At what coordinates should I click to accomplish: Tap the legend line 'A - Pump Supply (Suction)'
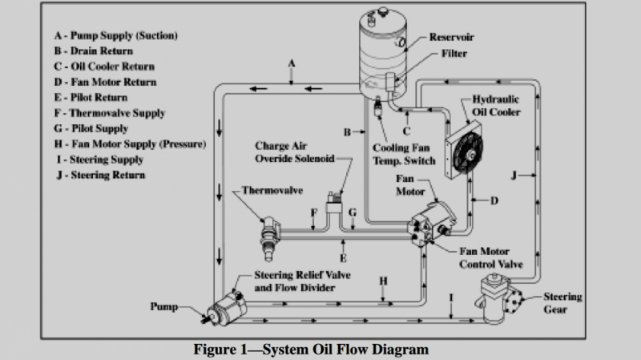click(x=115, y=36)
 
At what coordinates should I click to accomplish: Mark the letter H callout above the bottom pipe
click(x=383, y=281)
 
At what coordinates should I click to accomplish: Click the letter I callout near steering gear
click(x=452, y=297)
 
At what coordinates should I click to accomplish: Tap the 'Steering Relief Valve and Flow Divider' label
click(x=303, y=281)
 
